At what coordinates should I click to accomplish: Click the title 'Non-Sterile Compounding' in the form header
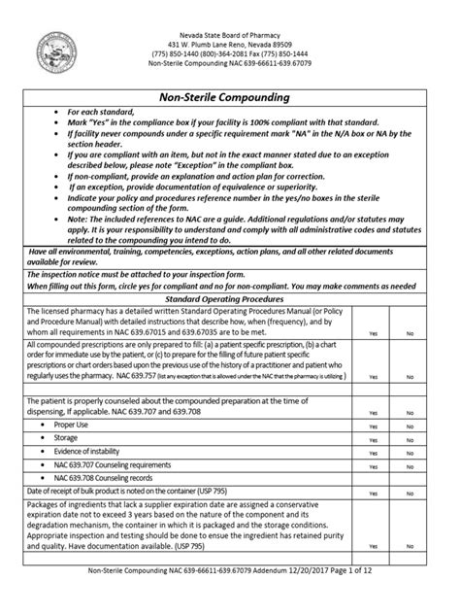click(230, 97)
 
